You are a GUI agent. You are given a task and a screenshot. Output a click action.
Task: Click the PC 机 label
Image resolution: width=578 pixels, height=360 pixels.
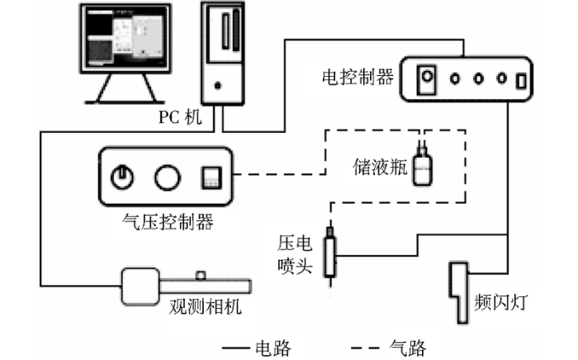(179, 117)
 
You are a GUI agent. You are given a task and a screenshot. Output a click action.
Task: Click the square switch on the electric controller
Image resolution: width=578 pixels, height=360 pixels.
(427, 80)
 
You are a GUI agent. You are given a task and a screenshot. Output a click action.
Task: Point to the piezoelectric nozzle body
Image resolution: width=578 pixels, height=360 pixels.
(331, 257)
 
